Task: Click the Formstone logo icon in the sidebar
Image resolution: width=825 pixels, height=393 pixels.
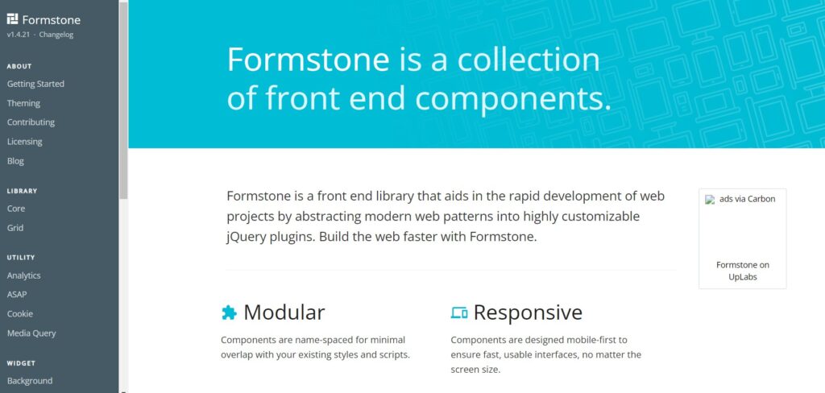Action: click(12, 19)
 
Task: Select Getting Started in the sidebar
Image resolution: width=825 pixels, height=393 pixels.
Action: click(35, 84)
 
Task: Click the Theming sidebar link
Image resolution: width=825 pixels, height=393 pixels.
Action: click(23, 103)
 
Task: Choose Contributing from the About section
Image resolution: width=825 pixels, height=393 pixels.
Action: click(31, 122)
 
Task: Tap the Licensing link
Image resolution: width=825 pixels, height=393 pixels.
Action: click(25, 142)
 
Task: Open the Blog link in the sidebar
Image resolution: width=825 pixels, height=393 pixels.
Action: click(15, 161)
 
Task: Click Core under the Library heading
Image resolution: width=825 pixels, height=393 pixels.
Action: click(16, 209)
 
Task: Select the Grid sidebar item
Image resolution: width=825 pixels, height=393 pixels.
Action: click(15, 228)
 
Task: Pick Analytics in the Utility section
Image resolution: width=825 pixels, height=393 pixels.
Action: click(24, 275)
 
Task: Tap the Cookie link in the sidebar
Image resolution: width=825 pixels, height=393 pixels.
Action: click(20, 314)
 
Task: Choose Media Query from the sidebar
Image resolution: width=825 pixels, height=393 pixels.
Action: click(31, 333)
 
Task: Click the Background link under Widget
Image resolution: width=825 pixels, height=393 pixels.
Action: click(30, 381)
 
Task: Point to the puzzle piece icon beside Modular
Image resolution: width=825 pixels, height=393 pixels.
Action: click(229, 312)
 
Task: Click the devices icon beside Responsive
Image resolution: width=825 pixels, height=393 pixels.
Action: click(459, 312)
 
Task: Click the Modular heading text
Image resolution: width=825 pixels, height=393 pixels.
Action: click(284, 312)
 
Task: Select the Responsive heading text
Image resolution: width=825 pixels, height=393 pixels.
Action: click(527, 312)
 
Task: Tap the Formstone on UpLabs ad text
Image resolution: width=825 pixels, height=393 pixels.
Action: click(742, 271)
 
